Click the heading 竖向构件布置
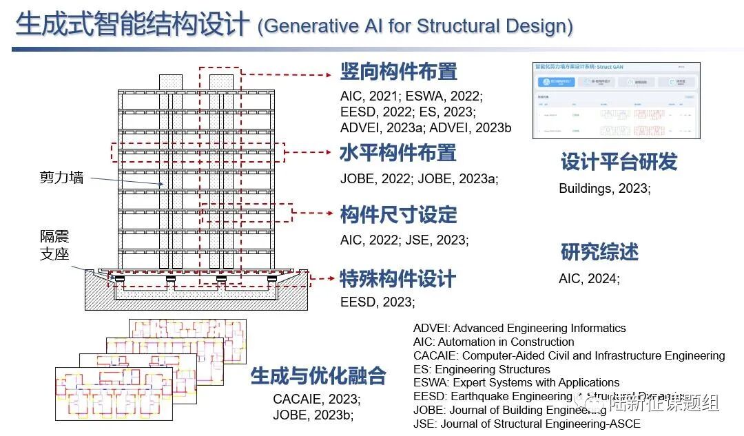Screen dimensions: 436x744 (x=398, y=71)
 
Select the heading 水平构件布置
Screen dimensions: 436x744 (x=397, y=152)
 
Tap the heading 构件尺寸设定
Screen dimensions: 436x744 (x=398, y=214)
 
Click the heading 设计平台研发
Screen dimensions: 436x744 (x=619, y=162)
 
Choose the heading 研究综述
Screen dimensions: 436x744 (x=599, y=251)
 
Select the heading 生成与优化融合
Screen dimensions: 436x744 (x=318, y=375)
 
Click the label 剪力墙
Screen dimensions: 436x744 (x=61, y=177)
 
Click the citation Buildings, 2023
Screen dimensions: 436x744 (x=604, y=188)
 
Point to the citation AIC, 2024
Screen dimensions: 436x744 (x=589, y=278)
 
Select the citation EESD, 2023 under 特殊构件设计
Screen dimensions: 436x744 (x=378, y=302)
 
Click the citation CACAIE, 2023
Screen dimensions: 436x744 (x=316, y=398)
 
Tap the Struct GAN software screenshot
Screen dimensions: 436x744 (x=616, y=100)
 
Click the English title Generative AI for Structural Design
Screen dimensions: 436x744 (x=415, y=26)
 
